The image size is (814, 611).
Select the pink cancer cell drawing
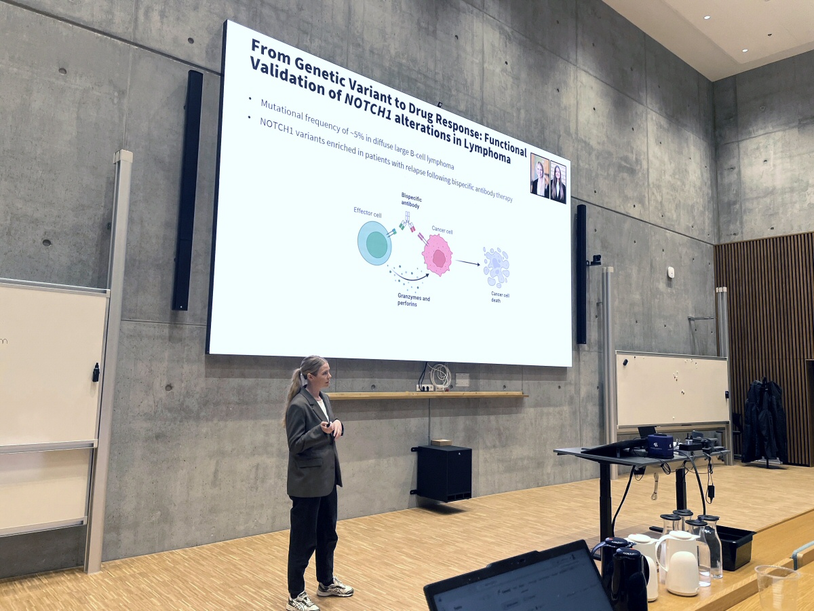(438, 255)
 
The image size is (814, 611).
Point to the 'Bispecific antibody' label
(411, 200)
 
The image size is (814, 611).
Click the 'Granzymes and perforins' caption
(414, 299)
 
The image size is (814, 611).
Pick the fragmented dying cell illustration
(496, 267)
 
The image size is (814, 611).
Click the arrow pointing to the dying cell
(467, 262)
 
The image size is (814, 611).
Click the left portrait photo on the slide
(539, 176)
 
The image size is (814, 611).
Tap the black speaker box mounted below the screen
(444, 473)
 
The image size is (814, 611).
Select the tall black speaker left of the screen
(187, 190)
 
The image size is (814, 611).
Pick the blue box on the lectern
(659, 446)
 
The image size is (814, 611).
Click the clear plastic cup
(776, 587)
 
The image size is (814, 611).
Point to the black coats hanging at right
(764, 420)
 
